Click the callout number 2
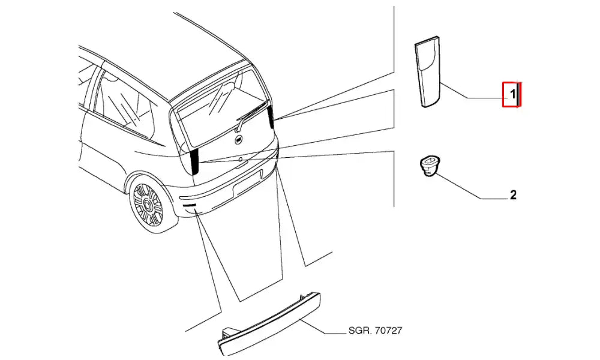[x=513, y=195]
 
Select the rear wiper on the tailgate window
[x=251, y=113]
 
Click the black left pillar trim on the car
[x=194, y=161]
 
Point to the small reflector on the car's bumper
[x=191, y=207]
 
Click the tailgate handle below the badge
[x=240, y=160]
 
